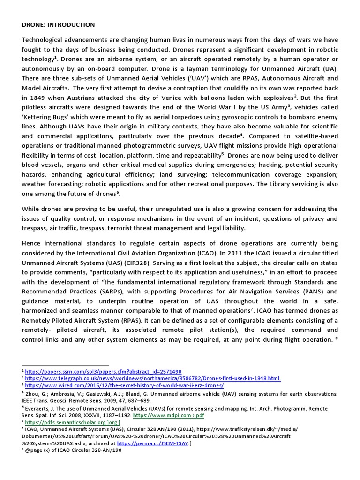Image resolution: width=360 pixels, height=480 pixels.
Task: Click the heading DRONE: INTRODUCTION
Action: [58, 24]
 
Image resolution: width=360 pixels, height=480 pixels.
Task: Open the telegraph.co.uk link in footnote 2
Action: [153, 378]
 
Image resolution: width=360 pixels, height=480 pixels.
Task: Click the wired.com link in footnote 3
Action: [124, 385]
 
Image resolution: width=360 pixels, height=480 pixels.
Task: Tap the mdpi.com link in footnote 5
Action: [169, 415]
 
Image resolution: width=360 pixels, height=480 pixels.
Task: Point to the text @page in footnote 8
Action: [33, 450]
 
